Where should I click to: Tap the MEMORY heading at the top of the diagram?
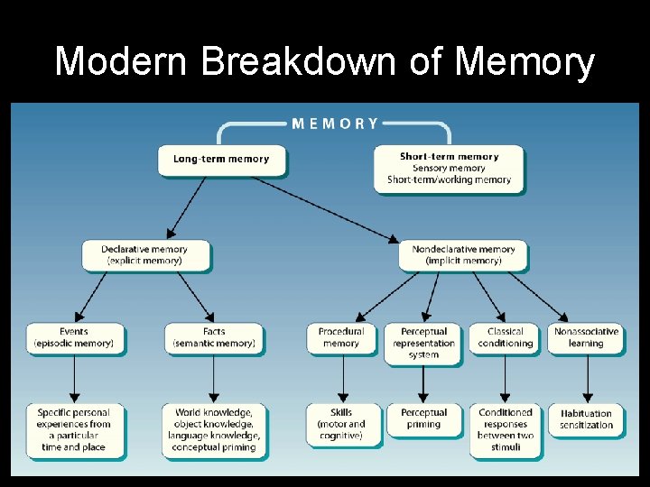(335, 124)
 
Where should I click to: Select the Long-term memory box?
(221, 160)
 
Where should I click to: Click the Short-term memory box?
(449, 168)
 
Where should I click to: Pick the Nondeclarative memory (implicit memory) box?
(463, 255)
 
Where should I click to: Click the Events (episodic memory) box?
(74, 337)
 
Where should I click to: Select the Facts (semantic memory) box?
(214, 337)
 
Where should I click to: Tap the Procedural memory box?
(341, 337)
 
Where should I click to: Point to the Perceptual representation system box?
(423, 343)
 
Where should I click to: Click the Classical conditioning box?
(505, 337)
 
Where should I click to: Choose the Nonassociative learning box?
(587, 337)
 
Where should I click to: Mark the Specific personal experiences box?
(74, 429)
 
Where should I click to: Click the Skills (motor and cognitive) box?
(341, 424)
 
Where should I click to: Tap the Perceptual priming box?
(423, 418)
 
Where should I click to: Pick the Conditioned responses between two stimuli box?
(506, 429)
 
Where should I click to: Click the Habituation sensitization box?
(587, 419)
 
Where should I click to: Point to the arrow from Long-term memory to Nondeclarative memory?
(325, 208)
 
